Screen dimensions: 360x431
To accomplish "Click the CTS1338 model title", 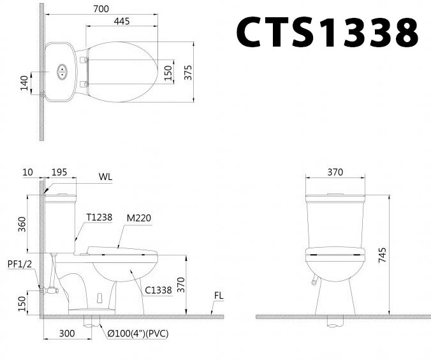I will pyautogui.click(x=327, y=31).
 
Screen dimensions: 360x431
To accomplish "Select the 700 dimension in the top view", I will pyautogui.click(x=101, y=10).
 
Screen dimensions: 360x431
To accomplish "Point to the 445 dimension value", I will pyautogui.click(x=122, y=22).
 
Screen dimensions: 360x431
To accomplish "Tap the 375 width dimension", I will pyautogui.click(x=188, y=72).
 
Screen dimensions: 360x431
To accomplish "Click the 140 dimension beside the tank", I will pyautogui.click(x=24, y=82).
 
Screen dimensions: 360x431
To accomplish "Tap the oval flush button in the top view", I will pyautogui.click(x=62, y=71).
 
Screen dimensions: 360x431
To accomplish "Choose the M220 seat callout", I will pyautogui.click(x=138, y=218).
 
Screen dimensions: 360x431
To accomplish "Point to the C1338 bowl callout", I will pyautogui.click(x=158, y=290).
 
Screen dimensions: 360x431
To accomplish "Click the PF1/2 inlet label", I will pyautogui.click(x=18, y=263).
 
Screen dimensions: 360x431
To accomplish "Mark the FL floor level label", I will pyautogui.click(x=219, y=296).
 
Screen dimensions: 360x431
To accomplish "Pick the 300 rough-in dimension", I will pyautogui.click(x=67, y=333).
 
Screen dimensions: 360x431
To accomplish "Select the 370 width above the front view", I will pyautogui.click(x=335, y=172).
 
